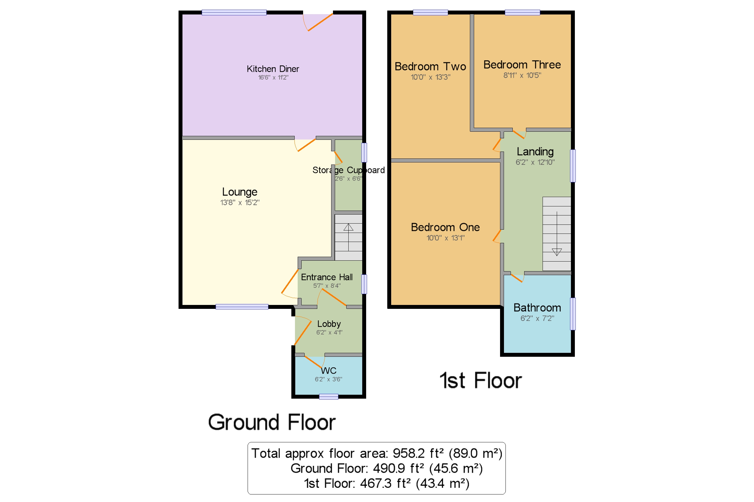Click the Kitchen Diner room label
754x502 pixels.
coord(272,69)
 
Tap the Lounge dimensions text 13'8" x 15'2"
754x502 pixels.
coord(240,203)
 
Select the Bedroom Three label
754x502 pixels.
coord(522,65)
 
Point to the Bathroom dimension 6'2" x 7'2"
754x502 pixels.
coord(537,318)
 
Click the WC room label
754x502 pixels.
coord(328,371)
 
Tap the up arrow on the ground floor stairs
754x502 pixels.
coord(348,227)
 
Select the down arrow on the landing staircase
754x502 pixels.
coord(557,252)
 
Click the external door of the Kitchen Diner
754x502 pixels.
coord(319,22)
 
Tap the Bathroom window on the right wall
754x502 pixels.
coord(573,314)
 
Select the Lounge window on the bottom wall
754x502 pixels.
coord(242,307)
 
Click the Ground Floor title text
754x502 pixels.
coord(272,422)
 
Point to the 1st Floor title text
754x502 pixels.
coord(480,381)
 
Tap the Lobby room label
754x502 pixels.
coord(329,324)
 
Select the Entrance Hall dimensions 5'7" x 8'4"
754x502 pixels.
coord(327,286)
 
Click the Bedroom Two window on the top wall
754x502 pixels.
coord(430,13)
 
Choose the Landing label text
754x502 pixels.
coord(535,152)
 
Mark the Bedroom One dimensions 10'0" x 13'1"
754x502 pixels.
coord(445,238)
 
